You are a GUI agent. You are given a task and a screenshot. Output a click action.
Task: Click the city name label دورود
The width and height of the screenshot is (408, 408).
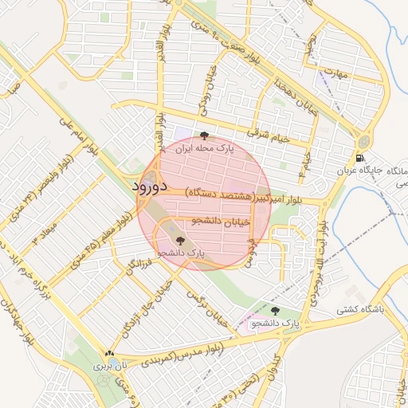click(x=147, y=187)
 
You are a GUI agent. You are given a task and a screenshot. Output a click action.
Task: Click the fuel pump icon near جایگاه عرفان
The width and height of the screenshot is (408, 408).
click(x=363, y=157)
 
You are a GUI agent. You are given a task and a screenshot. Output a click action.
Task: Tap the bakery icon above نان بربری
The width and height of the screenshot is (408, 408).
click(x=109, y=354)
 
